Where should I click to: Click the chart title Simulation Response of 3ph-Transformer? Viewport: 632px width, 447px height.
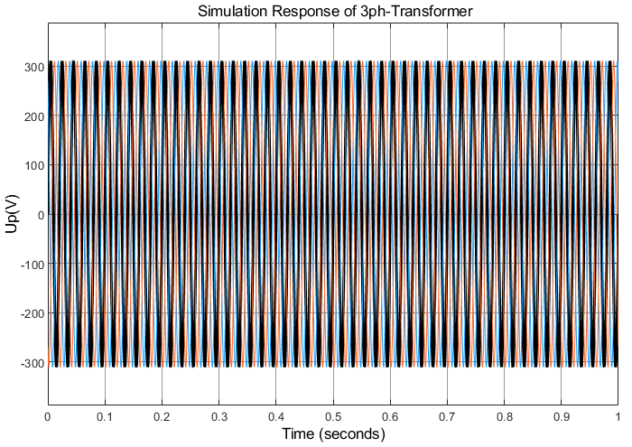pos(333,12)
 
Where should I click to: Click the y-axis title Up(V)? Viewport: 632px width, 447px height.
pos(12,215)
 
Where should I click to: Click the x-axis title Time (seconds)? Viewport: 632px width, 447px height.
pos(333,434)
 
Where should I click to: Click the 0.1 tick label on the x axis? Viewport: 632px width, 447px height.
pos(105,416)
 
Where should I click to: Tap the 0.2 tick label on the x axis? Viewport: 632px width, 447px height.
pos(162,416)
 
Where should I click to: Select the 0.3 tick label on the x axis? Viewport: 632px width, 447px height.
pos(219,416)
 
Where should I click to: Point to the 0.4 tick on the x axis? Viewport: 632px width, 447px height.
pos(276,416)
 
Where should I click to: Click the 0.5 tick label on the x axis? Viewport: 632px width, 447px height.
pos(333,416)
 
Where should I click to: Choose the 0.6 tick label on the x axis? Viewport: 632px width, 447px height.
pos(390,416)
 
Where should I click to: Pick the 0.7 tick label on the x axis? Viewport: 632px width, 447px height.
pos(447,416)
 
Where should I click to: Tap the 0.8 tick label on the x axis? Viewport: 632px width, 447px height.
pos(504,416)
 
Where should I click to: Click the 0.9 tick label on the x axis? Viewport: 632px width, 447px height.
pos(561,416)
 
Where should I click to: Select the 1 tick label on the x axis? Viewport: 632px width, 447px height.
pos(618,416)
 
